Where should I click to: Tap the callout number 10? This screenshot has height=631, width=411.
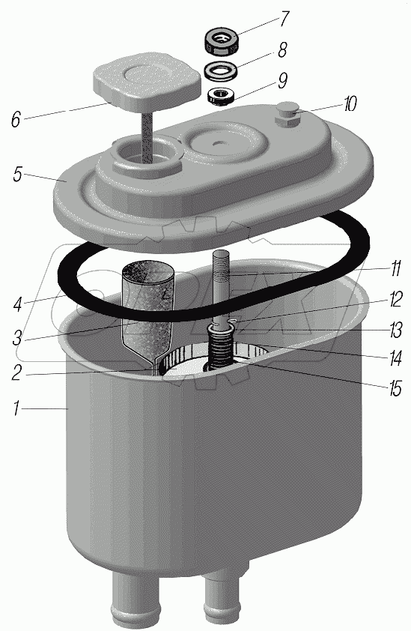349,105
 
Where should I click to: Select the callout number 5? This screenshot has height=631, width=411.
17,175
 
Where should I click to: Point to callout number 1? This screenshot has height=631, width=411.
16,408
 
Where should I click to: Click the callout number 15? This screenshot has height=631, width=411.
395,388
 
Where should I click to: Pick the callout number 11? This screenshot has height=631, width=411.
395,268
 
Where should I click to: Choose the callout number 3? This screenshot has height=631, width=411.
17,338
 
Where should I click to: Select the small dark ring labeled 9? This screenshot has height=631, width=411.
219,96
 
